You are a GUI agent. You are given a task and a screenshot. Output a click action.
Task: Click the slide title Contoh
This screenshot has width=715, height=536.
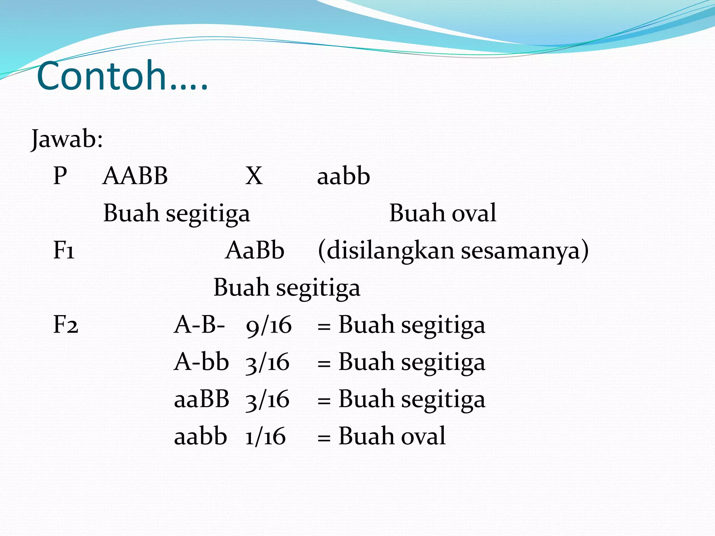[122, 76]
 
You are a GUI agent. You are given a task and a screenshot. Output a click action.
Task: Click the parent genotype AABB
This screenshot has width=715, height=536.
[135, 176]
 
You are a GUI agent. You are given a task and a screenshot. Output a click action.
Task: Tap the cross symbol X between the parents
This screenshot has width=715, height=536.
[254, 176]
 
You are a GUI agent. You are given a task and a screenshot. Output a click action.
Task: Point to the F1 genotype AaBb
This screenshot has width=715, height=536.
[255, 251]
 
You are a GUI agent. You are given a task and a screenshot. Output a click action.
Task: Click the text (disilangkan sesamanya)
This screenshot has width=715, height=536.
[453, 251]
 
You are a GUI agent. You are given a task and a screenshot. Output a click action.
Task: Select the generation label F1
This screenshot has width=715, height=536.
[64, 251]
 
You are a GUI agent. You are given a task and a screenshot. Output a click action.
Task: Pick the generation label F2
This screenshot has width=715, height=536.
[66, 325]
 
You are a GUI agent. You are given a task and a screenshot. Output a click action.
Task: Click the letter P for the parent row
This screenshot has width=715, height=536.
[60, 176]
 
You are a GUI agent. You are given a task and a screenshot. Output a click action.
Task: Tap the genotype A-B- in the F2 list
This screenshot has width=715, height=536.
[199, 325]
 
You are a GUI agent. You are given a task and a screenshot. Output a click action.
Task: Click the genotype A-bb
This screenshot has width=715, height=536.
[201, 362]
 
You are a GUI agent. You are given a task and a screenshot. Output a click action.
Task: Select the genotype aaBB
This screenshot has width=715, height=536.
[201, 399]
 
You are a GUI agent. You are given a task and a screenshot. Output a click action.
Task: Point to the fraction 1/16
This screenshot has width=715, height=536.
[265, 437]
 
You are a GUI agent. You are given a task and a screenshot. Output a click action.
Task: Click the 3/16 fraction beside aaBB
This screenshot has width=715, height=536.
[267, 400]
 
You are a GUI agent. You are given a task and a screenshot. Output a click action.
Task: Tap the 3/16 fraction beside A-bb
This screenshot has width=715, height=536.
[267, 363]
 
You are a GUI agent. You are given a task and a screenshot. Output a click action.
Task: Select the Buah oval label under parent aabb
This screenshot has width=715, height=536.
[442, 213]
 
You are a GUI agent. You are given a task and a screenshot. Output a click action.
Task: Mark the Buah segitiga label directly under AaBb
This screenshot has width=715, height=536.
[287, 288]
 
